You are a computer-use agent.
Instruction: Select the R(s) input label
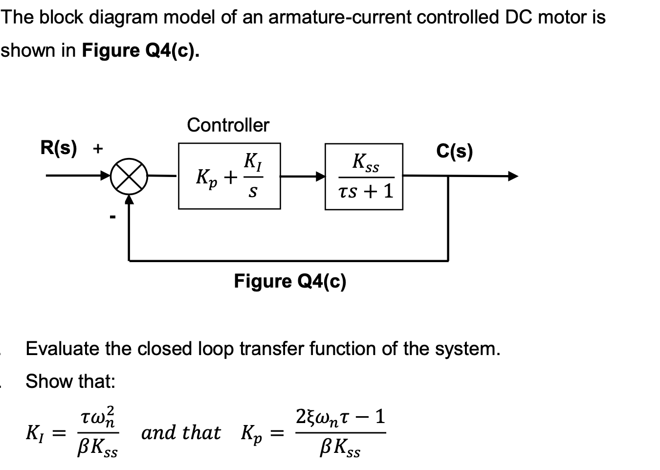(59, 148)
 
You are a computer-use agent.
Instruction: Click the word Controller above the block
(228, 125)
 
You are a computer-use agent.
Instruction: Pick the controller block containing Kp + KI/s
(229, 176)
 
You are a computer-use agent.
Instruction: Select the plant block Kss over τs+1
(364, 177)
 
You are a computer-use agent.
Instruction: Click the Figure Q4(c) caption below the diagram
(290, 281)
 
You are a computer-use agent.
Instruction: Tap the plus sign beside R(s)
(98, 148)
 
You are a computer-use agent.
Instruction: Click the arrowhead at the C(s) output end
(512, 176)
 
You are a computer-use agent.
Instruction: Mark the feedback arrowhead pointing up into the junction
(129, 199)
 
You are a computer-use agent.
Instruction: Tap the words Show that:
(70, 381)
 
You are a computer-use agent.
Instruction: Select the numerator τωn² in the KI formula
(98, 417)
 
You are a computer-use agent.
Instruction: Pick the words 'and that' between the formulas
(181, 433)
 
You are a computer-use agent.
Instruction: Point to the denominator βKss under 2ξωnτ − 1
(340, 448)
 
